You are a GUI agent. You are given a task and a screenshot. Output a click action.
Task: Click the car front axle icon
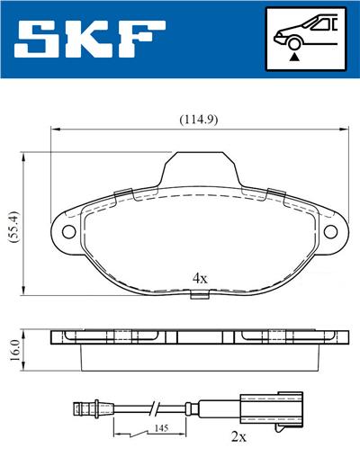(x=307, y=39)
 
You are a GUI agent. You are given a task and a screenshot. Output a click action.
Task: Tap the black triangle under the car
(x=294, y=57)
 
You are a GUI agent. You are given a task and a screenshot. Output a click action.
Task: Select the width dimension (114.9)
(x=199, y=119)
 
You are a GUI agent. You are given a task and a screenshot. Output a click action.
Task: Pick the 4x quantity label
(x=200, y=279)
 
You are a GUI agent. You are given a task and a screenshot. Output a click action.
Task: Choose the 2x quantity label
(x=239, y=437)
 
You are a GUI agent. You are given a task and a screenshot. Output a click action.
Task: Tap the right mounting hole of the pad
(x=328, y=231)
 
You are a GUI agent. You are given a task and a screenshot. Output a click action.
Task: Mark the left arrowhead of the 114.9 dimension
(x=52, y=128)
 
